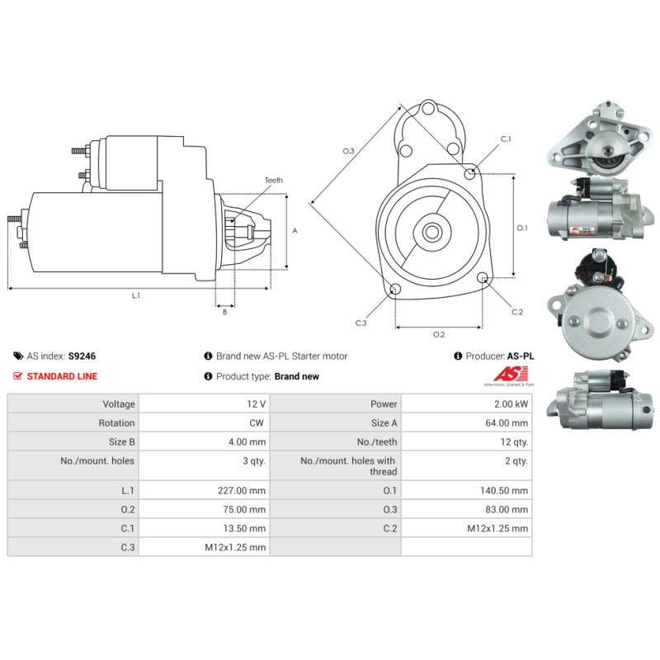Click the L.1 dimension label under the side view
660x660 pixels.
(x=136, y=296)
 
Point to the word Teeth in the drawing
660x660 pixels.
(x=274, y=180)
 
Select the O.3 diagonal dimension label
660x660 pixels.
(x=348, y=151)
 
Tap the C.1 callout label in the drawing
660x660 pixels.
(x=506, y=139)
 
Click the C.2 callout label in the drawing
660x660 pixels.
(x=517, y=312)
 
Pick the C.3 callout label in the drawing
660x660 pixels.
(x=361, y=323)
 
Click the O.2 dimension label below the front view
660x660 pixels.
(x=439, y=335)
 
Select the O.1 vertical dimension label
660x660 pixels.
(x=522, y=229)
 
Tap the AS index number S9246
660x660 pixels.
(x=82, y=356)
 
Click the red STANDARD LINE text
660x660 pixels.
(x=63, y=376)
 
